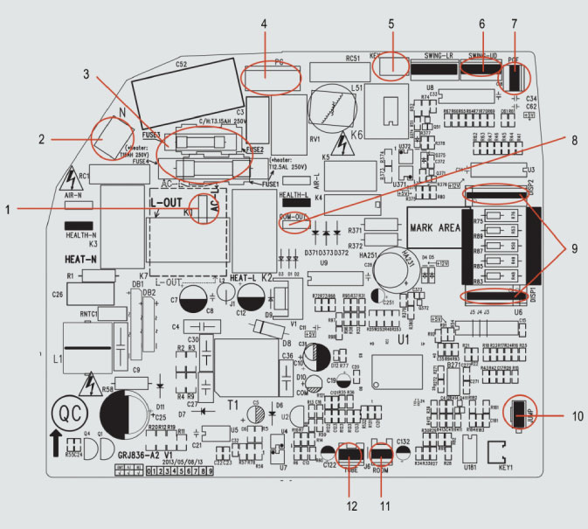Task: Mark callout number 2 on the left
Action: [41, 137]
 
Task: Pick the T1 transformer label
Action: [233, 406]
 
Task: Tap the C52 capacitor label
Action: [181, 63]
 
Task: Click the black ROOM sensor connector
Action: [382, 453]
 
